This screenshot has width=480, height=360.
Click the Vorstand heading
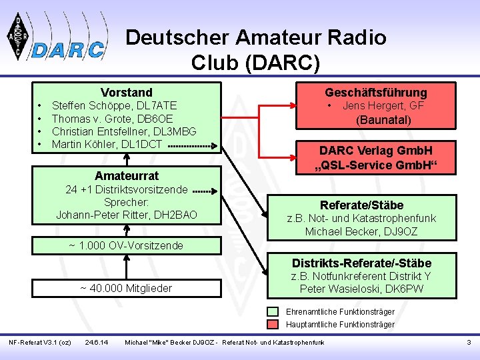[x=127, y=93]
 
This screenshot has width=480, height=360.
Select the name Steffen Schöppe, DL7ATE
[x=114, y=105]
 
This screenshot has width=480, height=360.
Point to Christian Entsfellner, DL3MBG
[x=124, y=131]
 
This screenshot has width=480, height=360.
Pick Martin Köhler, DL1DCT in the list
[x=107, y=144]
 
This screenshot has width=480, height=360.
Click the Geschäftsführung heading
[x=376, y=93]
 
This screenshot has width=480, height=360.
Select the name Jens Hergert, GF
[x=383, y=105]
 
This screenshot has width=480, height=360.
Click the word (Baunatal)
[x=383, y=120]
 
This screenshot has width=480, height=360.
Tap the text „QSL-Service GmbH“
[x=376, y=165]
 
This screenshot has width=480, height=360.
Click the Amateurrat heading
[x=127, y=176]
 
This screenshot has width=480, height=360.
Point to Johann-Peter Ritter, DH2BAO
[x=127, y=215]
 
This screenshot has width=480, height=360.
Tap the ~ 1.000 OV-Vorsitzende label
[x=126, y=246]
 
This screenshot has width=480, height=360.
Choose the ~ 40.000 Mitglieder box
[x=126, y=288]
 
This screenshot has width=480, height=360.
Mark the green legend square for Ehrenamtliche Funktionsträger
[x=273, y=311]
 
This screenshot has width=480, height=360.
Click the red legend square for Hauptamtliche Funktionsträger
[x=273, y=325]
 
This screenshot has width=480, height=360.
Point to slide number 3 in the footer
[x=468, y=343]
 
